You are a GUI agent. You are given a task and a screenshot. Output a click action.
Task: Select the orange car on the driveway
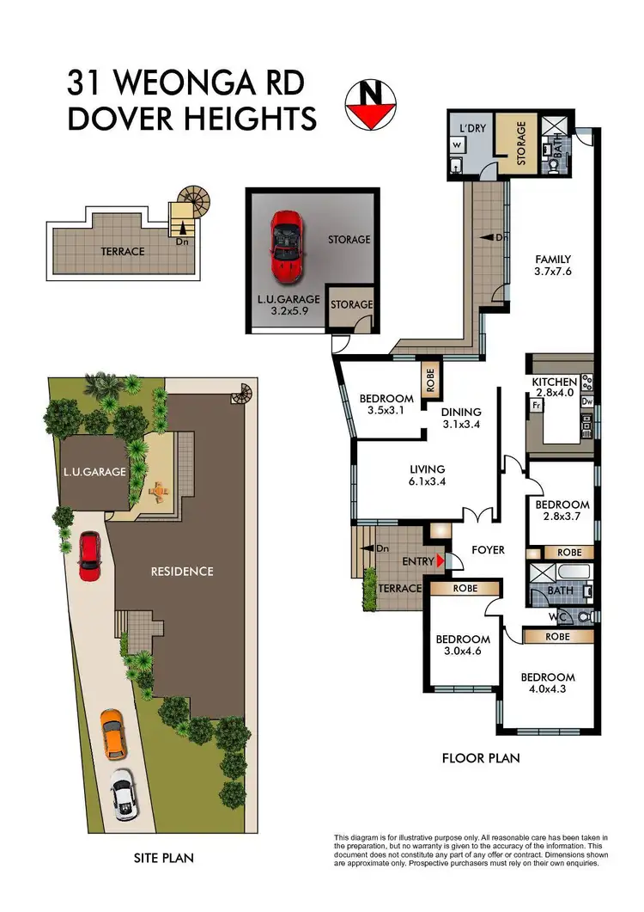[113, 732]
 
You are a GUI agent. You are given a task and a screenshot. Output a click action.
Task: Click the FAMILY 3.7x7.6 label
[553, 266]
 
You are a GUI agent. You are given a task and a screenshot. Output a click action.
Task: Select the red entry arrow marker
[440, 561]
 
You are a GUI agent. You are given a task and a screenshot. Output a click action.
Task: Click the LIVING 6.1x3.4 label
[427, 475]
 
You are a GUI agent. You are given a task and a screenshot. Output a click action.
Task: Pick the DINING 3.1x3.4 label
[461, 418]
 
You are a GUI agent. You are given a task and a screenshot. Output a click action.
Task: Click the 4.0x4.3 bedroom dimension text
[548, 690]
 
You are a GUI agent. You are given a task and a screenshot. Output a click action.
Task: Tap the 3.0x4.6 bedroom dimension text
[463, 652]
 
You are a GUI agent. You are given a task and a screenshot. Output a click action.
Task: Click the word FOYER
[488, 549]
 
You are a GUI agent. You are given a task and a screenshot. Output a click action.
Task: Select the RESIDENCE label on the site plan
[182, 571]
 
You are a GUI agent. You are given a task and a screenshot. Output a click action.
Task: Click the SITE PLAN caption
[163, 857]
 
